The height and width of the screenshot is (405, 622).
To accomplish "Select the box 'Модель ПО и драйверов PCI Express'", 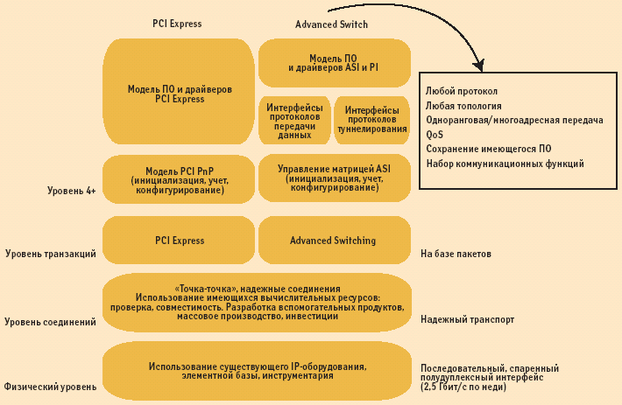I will [x=179, y=94].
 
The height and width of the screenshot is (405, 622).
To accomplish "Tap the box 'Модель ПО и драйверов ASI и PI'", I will [x=334, y=62].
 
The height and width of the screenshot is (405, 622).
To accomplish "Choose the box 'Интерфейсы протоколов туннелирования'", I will [x=372, y=120].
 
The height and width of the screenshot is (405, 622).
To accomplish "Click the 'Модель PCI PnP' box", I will [x=179, y=178].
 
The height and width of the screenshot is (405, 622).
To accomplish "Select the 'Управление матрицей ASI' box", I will [x=334, y=178].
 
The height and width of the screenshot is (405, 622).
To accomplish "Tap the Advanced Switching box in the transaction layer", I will [x=334, y=241].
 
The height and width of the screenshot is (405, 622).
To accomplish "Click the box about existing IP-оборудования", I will [x=257, y=370].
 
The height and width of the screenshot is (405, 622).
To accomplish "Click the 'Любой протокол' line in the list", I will [x=462, y=91].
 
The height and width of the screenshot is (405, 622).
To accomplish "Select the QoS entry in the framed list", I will [x=435, y=135].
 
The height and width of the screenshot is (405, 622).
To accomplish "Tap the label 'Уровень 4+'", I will [x=72, y=190].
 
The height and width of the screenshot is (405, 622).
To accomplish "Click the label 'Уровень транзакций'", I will [x=51, y=254].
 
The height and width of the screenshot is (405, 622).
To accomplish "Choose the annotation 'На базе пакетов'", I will [x=456, y=254].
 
